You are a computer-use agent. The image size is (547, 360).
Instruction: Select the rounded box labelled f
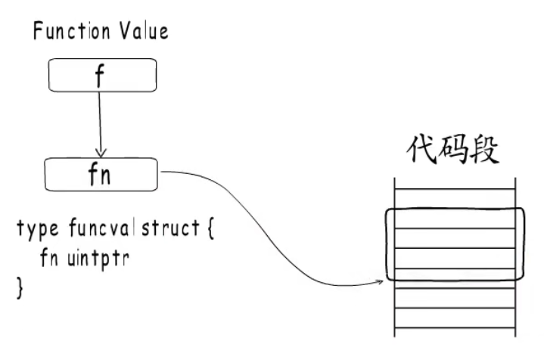[102, 75]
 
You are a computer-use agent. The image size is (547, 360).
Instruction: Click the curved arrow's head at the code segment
[380, 283]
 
